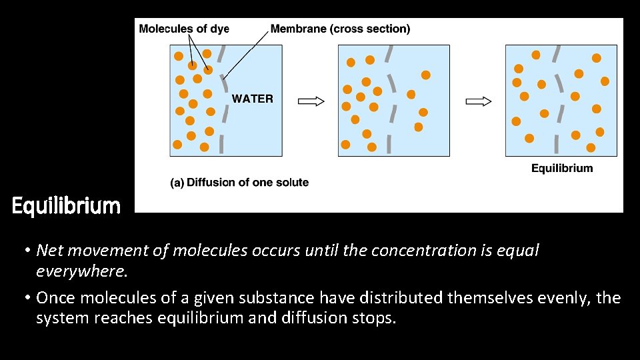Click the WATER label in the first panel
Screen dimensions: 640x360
coord(252,99)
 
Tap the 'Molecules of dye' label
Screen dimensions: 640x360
coord(183,29)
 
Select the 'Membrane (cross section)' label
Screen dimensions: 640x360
coord(341,29)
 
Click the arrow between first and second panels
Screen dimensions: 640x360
coord(311,101)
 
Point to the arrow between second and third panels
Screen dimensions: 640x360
coord(478,101)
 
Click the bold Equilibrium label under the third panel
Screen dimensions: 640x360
coord(562,168)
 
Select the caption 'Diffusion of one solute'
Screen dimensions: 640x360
coord(248,182)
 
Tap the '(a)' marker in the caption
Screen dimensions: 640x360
coord(177,182)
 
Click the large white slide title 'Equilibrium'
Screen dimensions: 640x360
coord(66,206)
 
